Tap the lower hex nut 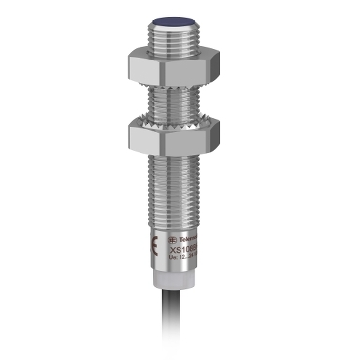180,134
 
